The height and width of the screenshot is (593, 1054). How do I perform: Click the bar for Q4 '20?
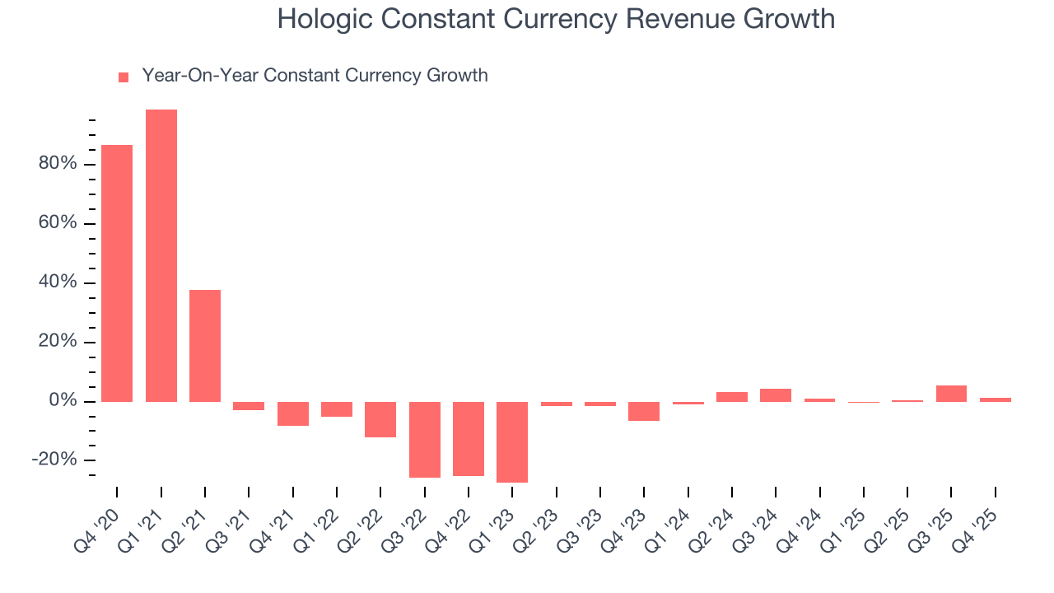[x=117, y=273]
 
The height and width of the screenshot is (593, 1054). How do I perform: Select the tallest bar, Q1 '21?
[x=161, y=255]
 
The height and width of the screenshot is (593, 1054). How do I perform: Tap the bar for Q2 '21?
[x=205, y=346]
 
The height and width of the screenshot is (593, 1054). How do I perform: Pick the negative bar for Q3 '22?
[x=425, y=440]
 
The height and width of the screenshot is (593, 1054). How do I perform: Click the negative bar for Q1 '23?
[x=512, y=442]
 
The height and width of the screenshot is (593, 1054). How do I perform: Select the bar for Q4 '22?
[x=469, y=439]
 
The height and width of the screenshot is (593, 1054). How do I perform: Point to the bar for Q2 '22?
[x=380, y=419]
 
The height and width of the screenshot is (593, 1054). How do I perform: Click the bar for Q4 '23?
[x=644, y=411]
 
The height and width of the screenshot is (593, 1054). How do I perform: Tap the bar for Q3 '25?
[x=951, y=394]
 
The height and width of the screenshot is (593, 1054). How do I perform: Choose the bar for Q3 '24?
[x=776, y=395]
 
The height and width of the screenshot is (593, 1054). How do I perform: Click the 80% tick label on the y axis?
[x=57, y=164]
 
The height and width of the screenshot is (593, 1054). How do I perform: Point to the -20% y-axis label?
[x=54, y=460]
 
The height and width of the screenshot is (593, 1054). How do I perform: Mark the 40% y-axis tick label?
[x=57, y=282]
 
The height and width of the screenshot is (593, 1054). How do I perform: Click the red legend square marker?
[x=124, y=77]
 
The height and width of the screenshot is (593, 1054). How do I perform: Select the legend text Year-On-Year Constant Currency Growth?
[x=315, y=76]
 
